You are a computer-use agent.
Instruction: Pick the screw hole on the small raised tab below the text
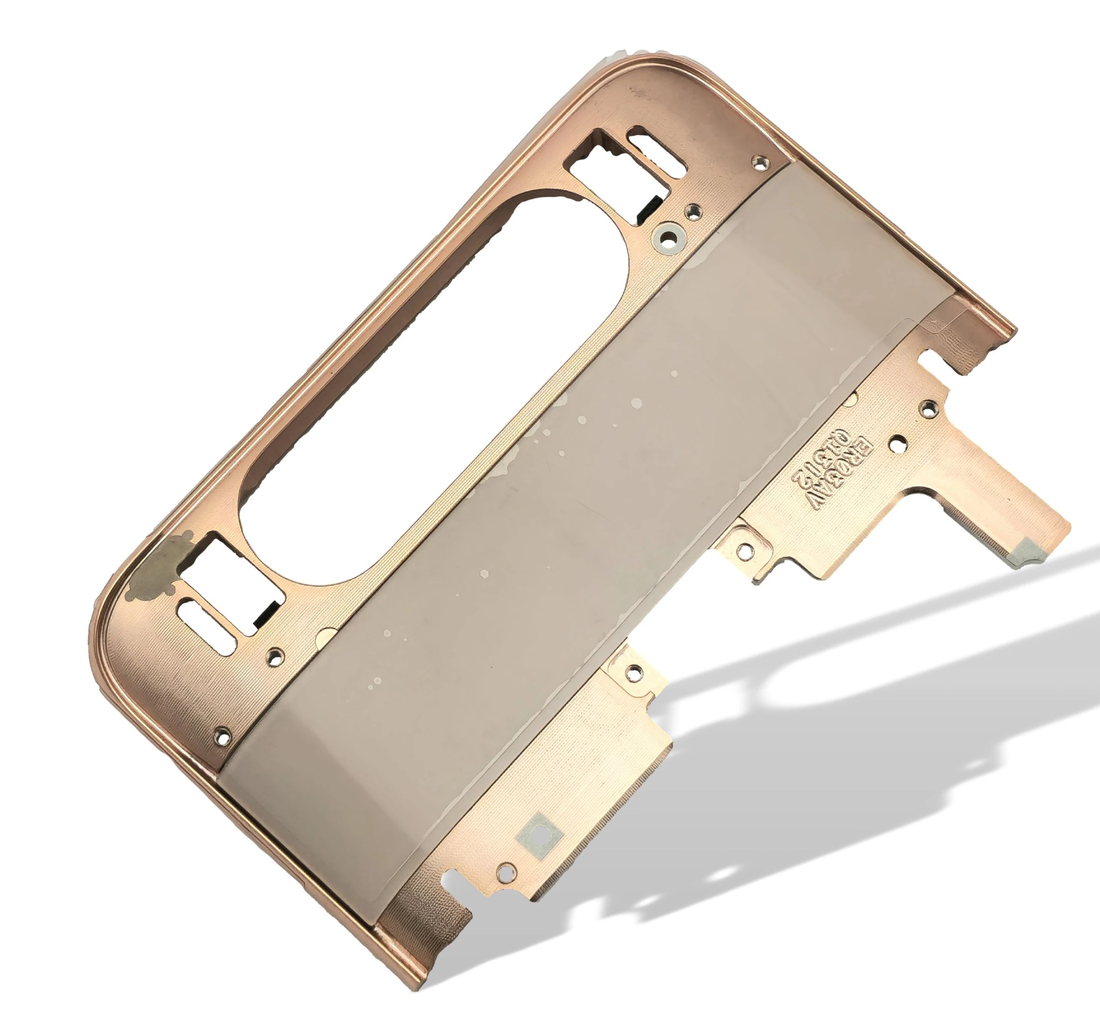(x=745, y=550)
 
